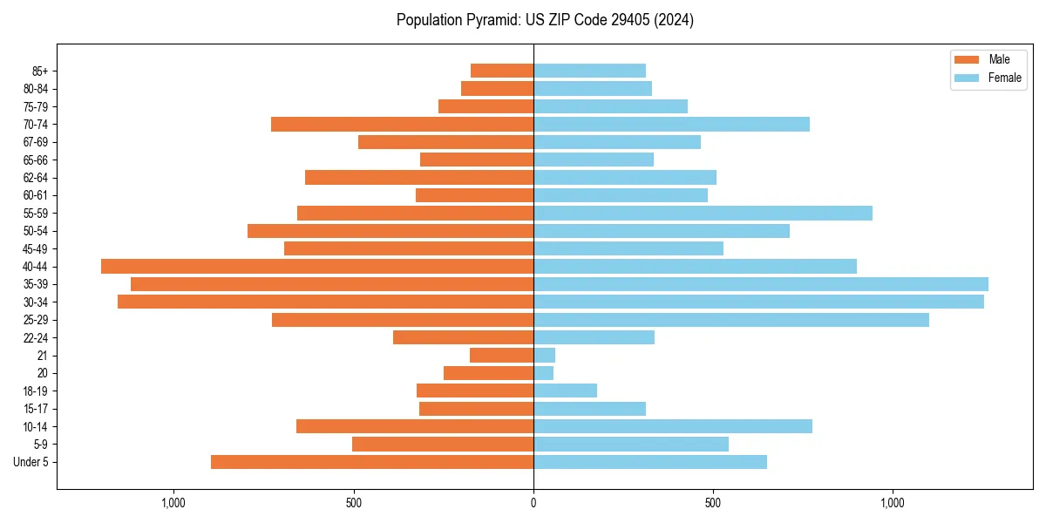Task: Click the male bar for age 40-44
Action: point(317,266)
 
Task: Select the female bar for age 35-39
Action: point(760,284)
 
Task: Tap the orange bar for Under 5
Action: point(372,462)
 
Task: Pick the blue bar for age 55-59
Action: point(703,213)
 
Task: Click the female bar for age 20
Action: point(543,373)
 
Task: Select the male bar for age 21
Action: point(501,355)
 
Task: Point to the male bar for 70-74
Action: point(402,124)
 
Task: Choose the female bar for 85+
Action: point(589,71)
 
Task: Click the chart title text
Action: point(545,20)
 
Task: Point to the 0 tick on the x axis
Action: point(533,502)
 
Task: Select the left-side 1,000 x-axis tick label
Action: point(173,502)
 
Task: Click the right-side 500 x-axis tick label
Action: point(713,502)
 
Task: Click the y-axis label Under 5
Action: point(31,462)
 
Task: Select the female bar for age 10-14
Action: point(672,426)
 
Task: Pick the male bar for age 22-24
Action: point(463,337)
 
